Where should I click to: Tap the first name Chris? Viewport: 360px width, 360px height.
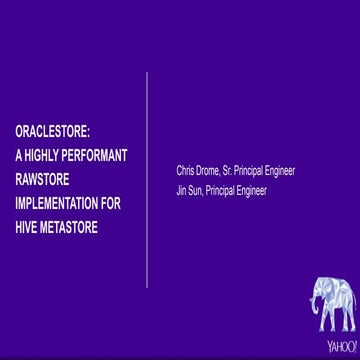186,171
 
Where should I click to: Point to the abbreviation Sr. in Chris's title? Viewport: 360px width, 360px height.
238,171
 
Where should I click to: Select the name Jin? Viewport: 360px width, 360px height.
182,188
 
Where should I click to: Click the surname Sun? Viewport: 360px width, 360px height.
198,188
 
